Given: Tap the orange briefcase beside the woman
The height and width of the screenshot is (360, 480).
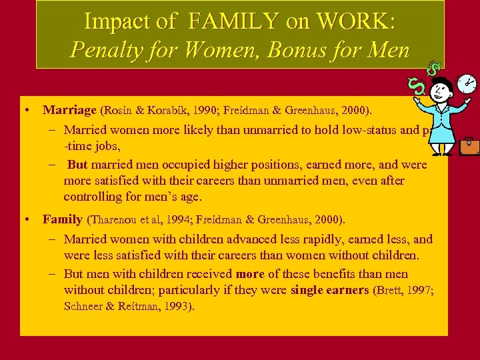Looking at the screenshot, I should click(x=469, y=145).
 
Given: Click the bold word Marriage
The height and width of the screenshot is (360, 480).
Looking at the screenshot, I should click(x=69, y=109).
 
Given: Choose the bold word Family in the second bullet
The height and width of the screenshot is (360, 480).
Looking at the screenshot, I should click(x=62, y=219).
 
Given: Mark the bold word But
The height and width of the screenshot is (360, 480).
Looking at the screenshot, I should click(x=77, y=165).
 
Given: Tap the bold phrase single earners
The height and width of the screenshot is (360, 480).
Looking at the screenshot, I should click(x=329, y=290).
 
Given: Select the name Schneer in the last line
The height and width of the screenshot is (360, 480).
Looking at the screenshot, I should click(x=85, y=306).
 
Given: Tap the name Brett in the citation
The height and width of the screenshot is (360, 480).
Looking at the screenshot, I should click(x=390, y=291).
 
